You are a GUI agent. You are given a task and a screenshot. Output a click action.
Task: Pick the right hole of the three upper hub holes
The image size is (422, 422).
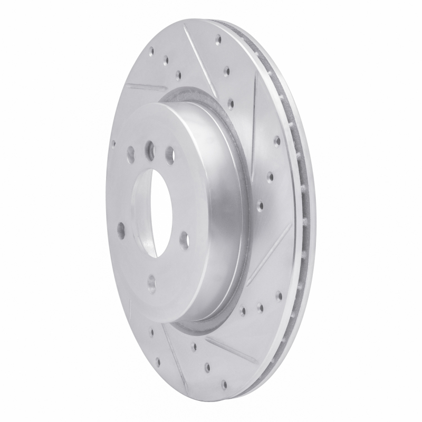(x=170, y=154)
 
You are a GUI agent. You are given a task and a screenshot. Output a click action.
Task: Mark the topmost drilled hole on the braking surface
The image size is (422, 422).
(x=217, y=37)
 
